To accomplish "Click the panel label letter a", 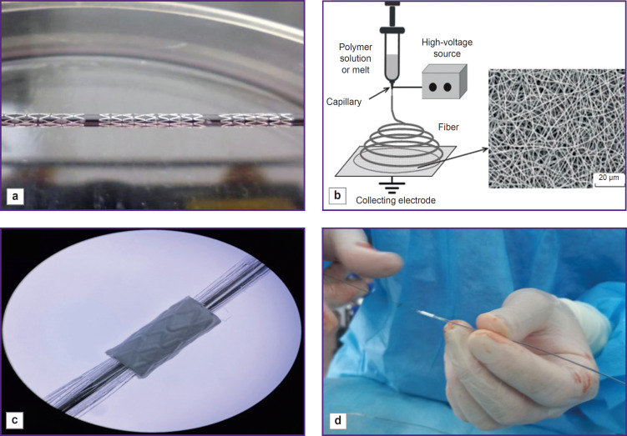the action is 15,196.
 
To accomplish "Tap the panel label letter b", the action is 337,196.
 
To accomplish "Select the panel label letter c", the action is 15,420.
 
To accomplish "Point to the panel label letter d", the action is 338,420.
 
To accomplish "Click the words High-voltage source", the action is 447,48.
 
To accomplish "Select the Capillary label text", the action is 344,102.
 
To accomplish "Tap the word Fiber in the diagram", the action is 448,127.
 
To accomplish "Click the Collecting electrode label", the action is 396,200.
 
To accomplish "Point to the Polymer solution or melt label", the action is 356,58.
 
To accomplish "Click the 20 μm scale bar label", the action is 609,178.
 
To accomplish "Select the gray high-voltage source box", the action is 445,82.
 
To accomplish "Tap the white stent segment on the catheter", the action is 427,314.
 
